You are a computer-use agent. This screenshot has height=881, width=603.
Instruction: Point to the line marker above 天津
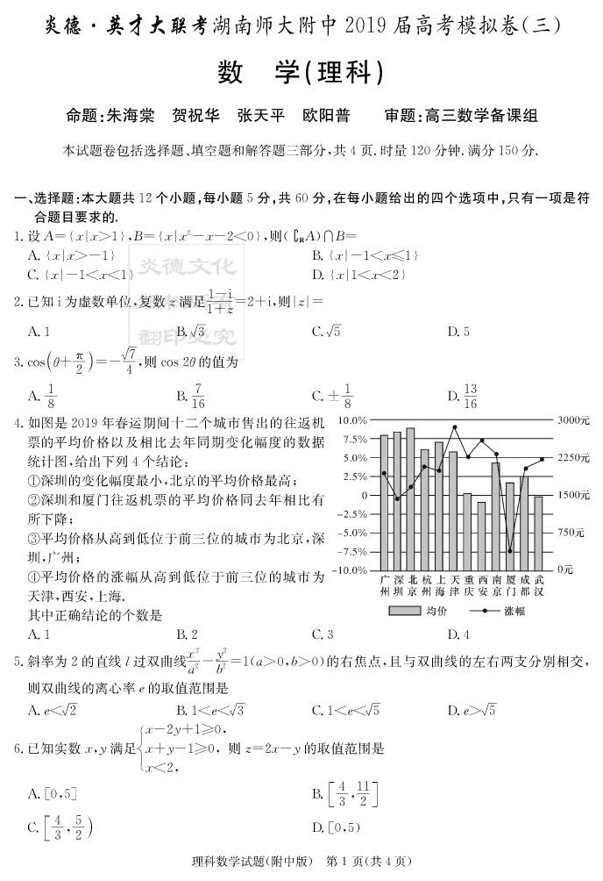pos(455,427)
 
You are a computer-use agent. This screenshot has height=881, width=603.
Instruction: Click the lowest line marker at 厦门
pos(510,551)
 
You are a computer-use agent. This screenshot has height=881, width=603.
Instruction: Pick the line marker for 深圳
pos(398,498)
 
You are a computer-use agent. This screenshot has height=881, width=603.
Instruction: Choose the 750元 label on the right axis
pos(571,533)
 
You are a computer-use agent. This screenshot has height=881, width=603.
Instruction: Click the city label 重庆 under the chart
pos(467,585)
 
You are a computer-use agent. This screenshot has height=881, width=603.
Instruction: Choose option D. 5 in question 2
pos(458,332)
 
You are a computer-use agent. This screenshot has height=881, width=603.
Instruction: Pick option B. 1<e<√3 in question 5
pos(209,710)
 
